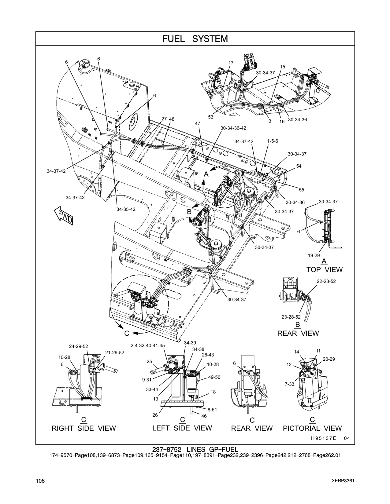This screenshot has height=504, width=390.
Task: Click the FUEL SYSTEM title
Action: tap(195, 39)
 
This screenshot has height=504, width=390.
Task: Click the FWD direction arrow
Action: tap(64, 215)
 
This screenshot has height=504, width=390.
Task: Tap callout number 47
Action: tap(197, 124)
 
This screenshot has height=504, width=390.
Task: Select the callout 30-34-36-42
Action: tap(233, 128)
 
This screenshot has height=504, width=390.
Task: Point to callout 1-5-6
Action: tap(273, 141)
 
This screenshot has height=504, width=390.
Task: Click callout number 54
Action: tap(299, 166)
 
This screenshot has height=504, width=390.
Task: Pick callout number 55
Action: tap(301, 190)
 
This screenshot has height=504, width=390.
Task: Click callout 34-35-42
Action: tap(126, 209)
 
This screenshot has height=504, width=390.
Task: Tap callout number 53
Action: tap(210, 117)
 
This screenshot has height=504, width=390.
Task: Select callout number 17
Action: tap(231, 63)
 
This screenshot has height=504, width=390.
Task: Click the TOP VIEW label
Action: tap(324, 270)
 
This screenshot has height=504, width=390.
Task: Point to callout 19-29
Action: tap(314, 256)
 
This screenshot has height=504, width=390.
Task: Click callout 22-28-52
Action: tap(326, 281)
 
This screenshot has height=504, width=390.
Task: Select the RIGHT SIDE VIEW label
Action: tap(84, 428)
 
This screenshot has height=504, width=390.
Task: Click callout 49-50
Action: tap(214, 377)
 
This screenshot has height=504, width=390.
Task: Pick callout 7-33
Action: tap(289, 384)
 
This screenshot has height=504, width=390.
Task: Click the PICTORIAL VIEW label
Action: tap(312, 428)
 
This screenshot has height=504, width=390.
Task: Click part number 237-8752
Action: tap(167, 450)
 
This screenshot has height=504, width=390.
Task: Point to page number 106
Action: tap(40, 481)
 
